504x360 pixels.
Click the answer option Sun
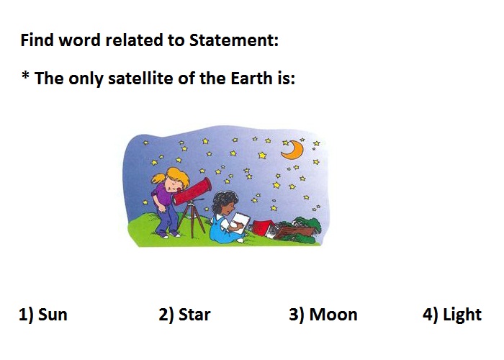tap(43, 315)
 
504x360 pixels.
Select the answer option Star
tap(184, 315)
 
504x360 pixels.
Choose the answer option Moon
tap(323, 315)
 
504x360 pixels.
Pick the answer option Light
tap(452, 315)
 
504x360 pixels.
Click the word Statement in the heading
tap(234, 40)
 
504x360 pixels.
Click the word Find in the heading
tap(37, 40)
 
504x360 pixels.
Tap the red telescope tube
tap(192, 192)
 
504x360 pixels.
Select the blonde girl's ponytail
tap(158, 179)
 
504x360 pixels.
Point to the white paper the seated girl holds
tap(240, 221)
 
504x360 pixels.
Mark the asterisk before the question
tap(25, 76)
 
